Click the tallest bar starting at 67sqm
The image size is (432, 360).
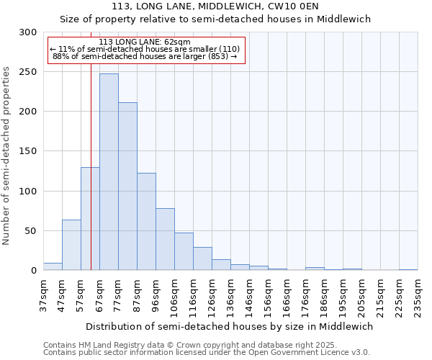tap(109, 172)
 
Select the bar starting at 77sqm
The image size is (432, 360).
tap(127, 186)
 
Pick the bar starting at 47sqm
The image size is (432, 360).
tap(71, 245)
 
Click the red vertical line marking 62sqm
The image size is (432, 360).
tap(91, 144)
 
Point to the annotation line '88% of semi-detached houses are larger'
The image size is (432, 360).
tap(145, 56)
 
